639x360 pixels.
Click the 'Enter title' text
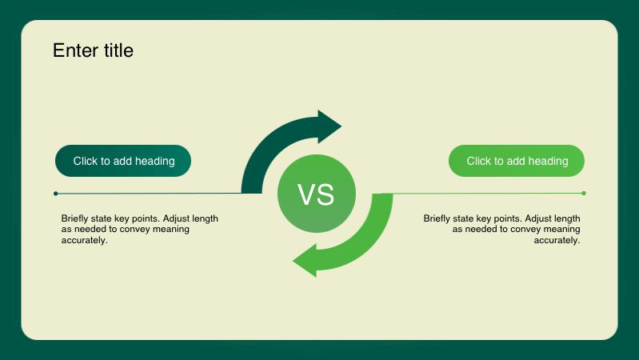click(93, 50)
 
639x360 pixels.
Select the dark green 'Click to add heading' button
click(123, 161)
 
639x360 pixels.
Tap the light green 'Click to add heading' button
click(517, 161)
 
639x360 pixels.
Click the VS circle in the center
click(316, 194)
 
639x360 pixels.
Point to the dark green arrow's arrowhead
click(328, 126)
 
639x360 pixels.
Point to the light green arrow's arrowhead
click(306, 262)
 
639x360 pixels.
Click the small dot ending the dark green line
click(55, 193)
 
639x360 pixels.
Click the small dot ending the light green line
click(584, 193)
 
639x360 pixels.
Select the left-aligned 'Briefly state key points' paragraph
click(140, 229)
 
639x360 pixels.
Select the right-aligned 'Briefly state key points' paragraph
click(502, 229)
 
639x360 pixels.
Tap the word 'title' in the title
click(118, 50)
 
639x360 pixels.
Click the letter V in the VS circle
click(307, 194)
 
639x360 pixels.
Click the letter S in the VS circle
click(325, 194)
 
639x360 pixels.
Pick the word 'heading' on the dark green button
click(155, 161)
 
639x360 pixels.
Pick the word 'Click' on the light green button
click(478, 161)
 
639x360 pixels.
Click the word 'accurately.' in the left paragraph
click(84, 240)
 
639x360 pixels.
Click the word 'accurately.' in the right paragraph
click(557, 240)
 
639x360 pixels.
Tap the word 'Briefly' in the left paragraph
click(75, 218)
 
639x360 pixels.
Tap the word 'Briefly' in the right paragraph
click(437, 218)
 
